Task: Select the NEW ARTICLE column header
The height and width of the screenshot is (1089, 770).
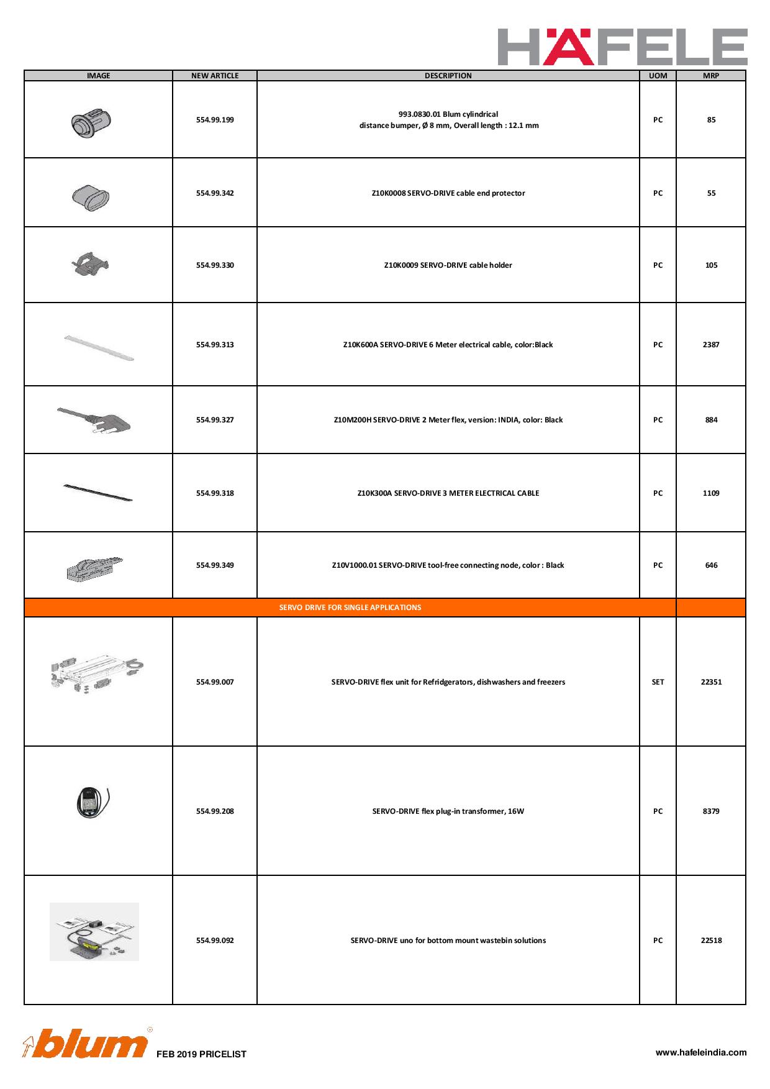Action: pos(215,76)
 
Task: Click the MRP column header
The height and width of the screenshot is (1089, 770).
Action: pos(711,76)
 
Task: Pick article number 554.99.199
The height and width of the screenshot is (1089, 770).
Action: pos(215,120)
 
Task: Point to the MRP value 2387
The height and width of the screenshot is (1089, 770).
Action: pos(711,345)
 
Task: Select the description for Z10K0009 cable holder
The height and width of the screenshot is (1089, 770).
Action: pos(448,265)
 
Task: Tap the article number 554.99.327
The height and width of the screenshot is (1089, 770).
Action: pos(215,420)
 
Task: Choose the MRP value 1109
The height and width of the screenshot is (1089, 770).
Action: pos(711,493)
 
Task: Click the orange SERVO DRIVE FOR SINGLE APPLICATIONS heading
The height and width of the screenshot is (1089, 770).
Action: pos(350,608)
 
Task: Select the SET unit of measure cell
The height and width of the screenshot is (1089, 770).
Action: pos(658,682)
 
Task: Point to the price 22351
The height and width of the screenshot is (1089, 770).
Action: pos(711,682)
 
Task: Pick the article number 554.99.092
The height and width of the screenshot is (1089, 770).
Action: pos(215,941)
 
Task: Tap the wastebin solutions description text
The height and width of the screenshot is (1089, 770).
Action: pos(448,941)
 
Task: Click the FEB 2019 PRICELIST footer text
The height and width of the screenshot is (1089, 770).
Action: pos(201,1054)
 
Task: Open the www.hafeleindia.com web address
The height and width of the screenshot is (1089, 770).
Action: pos(701,1052)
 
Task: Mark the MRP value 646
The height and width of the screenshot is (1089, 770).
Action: pos(711,565)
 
